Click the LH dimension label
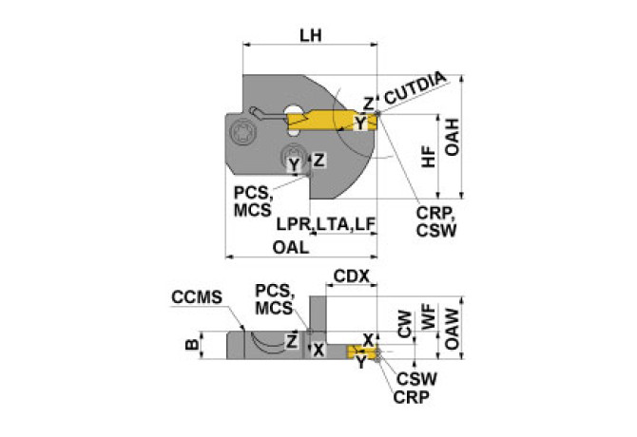point(311,36)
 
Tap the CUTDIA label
point(415,88)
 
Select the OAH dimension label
point(452,137)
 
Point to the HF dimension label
point(429,157)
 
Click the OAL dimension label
point(291,247)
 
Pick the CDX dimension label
point(352,276)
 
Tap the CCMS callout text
point(197,297)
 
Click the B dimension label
point(192,345)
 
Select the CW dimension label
point(405,324)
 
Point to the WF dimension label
point(429,317)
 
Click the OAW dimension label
point(452,329)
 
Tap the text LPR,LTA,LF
point(326,224)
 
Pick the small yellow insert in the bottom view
point(362,351)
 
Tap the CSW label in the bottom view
point(416,379)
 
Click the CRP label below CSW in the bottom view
point(411,397)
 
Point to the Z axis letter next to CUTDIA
point(368,104)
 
